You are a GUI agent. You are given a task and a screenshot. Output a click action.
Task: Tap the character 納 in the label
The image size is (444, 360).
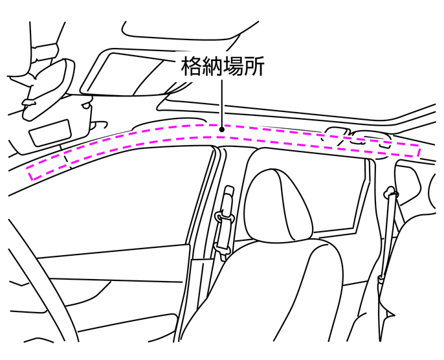(213, 67)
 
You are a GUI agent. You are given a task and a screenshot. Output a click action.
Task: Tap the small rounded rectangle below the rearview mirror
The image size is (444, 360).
(50, 133)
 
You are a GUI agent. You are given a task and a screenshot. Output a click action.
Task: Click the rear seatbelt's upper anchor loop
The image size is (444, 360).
(390, 192)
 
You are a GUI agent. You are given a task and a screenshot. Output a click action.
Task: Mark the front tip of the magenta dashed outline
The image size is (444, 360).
(30, 174)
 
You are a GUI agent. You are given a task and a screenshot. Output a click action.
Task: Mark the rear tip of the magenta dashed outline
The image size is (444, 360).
(419, 152)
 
